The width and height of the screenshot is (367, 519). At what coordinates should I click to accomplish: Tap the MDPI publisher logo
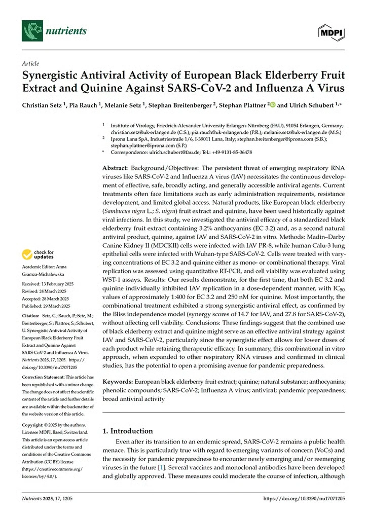[331, 32]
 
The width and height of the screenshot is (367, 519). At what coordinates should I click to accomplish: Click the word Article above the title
[30, 63]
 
